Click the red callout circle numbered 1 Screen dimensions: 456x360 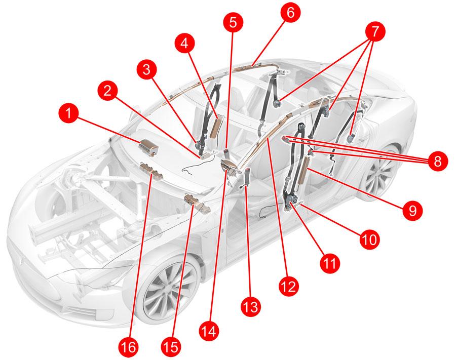click(68, 113)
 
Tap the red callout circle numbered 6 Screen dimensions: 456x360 click(290, 12)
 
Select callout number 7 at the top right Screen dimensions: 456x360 click(375, 32)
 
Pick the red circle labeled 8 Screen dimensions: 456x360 click(437, 161)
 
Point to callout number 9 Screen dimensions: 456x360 click(412, 210)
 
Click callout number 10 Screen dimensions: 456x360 click(370, 239)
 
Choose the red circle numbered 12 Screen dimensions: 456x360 click(289, 287)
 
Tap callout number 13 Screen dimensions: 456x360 click(251, 306)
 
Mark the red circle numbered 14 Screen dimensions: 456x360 click(209, 331)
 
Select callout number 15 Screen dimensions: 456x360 click(171, 347)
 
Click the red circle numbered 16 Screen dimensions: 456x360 click(129, 347)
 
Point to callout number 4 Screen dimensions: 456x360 click(184, 44)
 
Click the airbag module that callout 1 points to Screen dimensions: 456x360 click(149, 147)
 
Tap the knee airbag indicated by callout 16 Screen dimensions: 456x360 click(151, 172)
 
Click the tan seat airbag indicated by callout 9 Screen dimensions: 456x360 click(303, 170)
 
